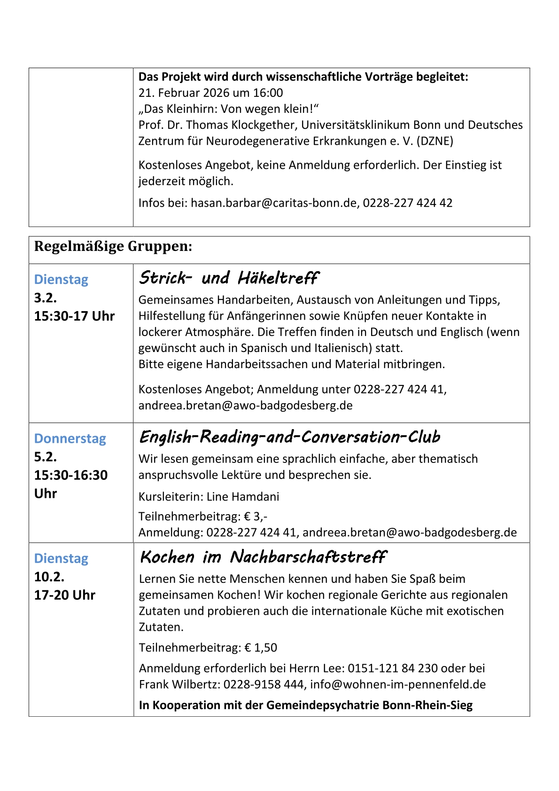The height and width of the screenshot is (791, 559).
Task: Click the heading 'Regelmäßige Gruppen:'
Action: point(113,246)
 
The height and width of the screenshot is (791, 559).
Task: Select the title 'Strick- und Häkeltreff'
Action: point(228,278)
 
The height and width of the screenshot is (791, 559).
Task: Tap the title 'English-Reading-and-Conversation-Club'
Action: point(289,437)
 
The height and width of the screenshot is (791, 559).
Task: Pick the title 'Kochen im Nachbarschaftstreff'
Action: point(263,557)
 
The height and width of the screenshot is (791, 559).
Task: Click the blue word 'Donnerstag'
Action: point(70,439)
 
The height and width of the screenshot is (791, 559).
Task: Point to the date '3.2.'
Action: point(46,298)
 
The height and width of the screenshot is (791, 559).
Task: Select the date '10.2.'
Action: point(49,577)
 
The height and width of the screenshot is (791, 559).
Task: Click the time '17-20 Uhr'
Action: point(65,595)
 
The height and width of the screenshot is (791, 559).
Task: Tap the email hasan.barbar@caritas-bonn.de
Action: point(273,203)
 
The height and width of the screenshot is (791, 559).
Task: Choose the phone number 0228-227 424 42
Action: point(407,203)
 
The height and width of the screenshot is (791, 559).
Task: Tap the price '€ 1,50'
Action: point(261,648)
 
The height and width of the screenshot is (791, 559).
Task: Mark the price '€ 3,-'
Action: point(256,517)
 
